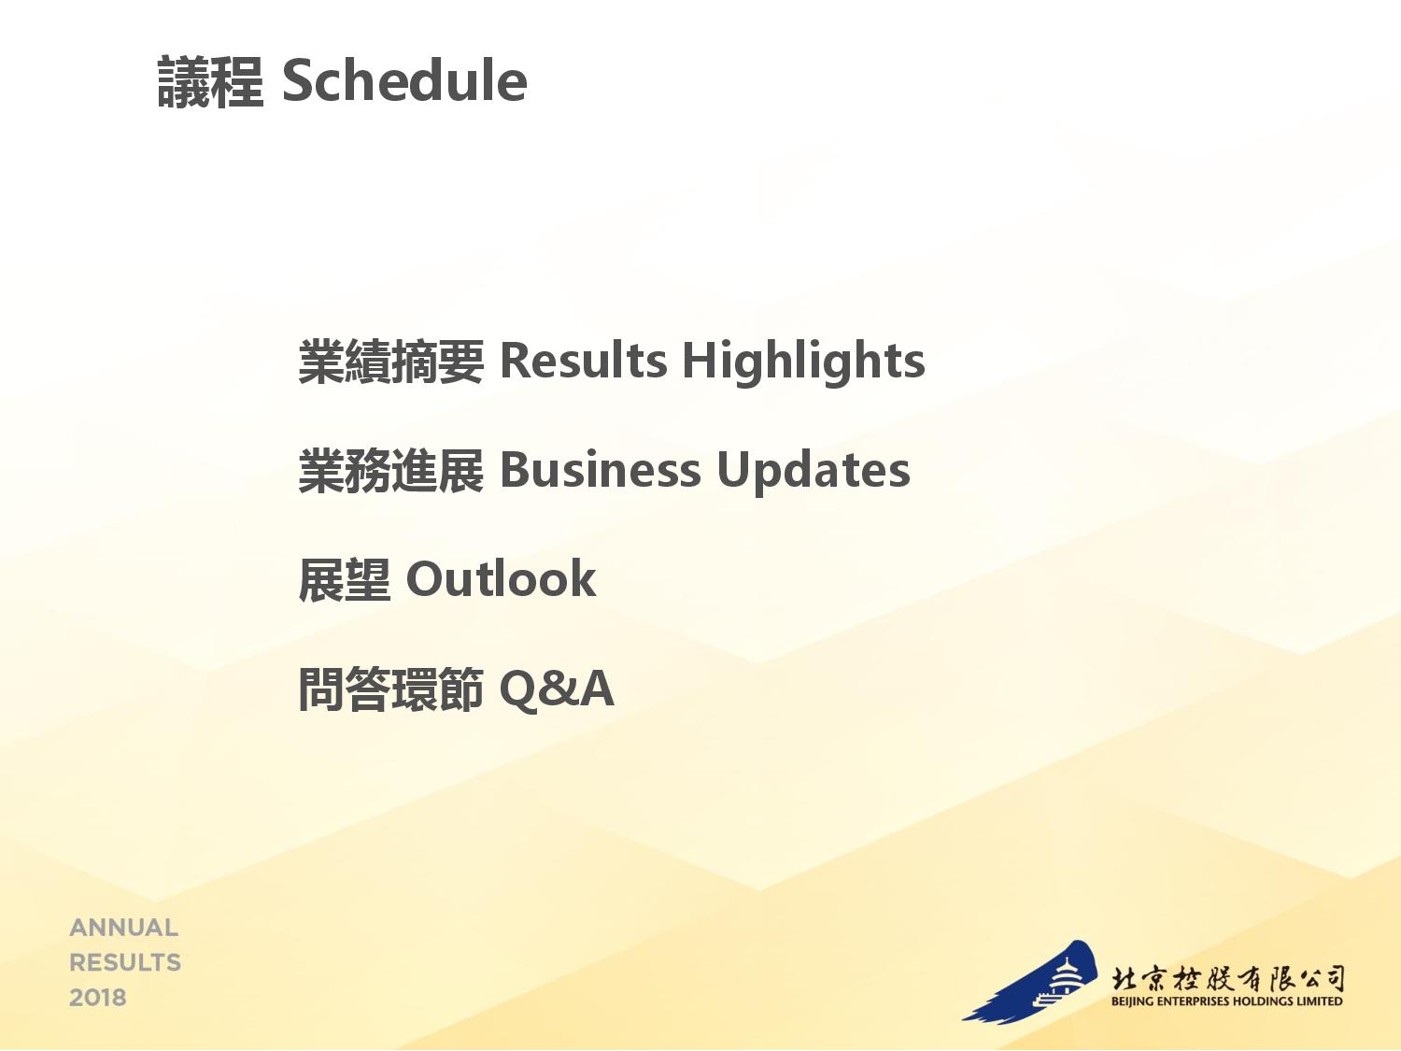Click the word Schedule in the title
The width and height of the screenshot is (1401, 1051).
pyautogui.click(x=404, y=80)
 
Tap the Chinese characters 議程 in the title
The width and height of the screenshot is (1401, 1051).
pyautogui.click(x=211, y=81)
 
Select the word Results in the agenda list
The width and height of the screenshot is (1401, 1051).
pyautogui.click(x=584, y=361)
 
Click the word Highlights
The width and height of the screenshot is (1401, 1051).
pyautogui.click(x=803, y=362)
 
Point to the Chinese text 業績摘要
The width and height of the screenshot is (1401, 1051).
pyautogui.click(x=391, y=362)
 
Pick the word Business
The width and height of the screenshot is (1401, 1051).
pyautogui.click(x=600, y=470)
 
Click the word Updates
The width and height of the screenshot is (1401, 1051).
pyautogui.click(x=814, y=472)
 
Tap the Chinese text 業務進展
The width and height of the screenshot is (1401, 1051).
pyautogui.click(x=391, y=471)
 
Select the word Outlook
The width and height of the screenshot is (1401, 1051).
pyautogui.click(x=501, y=579)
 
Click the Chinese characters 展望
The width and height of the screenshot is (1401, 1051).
pyautogui.click(x=345, y=580)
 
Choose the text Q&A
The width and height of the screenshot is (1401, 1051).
pyautogui.click(x=557, y=689)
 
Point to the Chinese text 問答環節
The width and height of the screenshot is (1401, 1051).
pyautogui.click(x=391, y=689)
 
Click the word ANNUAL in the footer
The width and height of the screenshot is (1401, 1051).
pyautogui.click(x=124, y=928)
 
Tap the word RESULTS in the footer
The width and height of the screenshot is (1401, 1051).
pyautogui.click(x=125, y=963)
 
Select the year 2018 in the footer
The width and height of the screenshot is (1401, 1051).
pyautogui.click(x=98, y=998)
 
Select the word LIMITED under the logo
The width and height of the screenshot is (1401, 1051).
pyautogui.click(x=1320, y=1001)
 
